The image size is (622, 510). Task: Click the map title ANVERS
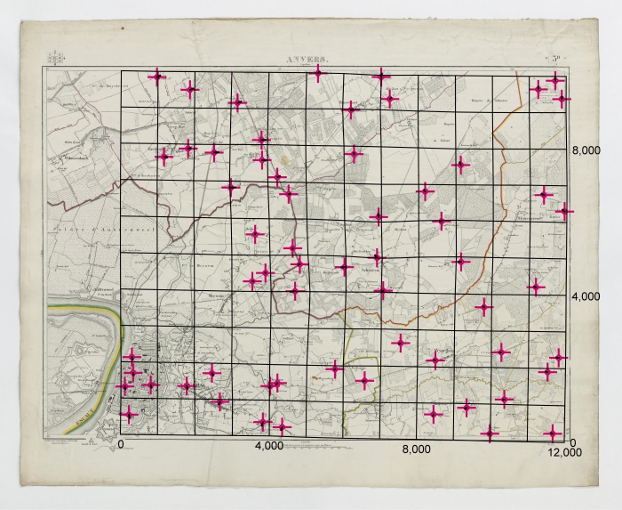pyautogui.click(x=307, y=60)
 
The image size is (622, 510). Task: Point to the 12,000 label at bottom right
pyautogui.click(x=564, y=453)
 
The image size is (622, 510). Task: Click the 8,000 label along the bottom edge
pyautogui.click(x=417, y=450)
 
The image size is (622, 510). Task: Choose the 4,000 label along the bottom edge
pyautogui.click(x=269, y=445)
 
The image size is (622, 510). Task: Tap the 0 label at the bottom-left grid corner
pyautogui.click(x=121, y=443)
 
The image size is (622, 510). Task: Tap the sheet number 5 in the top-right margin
pyautogui.click(x=554, y=60)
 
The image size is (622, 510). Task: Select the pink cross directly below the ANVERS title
pyautogui.click(x=317, y=73)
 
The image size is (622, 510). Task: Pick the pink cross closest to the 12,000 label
pyautogui.click(x=554, y=433)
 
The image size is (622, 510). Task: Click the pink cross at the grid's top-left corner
pyautogui.click(x=157, y=77)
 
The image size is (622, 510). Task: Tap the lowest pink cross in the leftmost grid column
pyautogui.click(x=129, y=414)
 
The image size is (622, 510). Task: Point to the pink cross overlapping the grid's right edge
pyautogui.click(x=565, y=211)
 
